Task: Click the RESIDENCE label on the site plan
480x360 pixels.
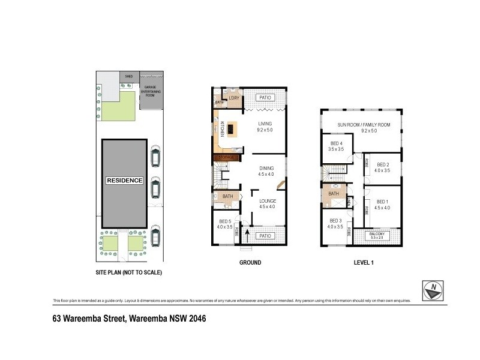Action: point(125,180)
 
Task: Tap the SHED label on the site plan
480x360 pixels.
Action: point(128,77)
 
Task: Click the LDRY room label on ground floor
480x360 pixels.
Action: point(233,97)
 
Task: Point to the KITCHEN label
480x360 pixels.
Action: point(222,128)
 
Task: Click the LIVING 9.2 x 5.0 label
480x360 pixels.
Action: point(265,127)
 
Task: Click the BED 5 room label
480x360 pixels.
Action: point(225,224)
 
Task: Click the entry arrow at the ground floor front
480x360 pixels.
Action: point(246,242)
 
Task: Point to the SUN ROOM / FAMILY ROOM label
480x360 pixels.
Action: point(364,127)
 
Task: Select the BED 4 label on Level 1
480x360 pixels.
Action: point(336,145)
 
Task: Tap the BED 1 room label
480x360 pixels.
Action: point(383,205)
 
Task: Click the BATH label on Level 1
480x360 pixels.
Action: point(334,193)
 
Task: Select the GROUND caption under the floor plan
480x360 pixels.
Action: point(250,262)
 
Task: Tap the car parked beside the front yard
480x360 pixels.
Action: point(155,235)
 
